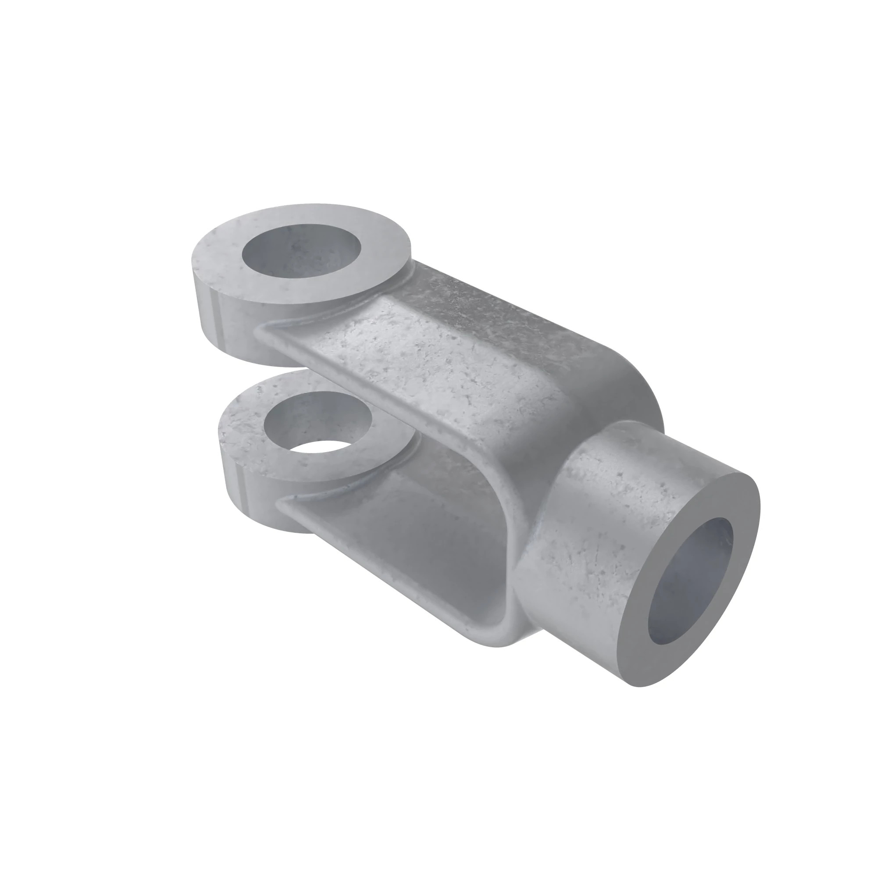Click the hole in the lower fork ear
(318, 422)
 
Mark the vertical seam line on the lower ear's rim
(241, 488)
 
